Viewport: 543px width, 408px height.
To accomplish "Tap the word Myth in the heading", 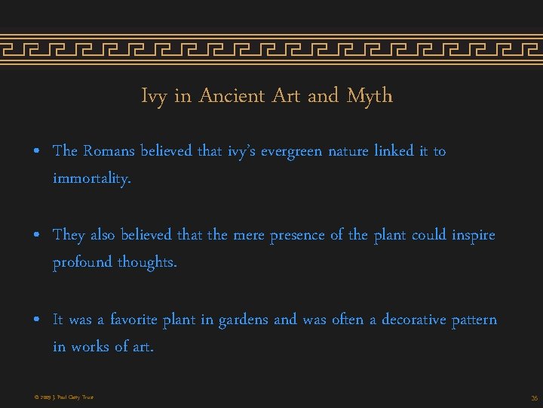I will click(370, 97).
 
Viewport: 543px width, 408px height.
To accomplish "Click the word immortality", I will click(92, 179).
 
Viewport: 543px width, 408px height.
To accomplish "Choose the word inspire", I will click(474, 235).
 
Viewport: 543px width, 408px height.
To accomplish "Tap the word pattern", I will click(474, 320).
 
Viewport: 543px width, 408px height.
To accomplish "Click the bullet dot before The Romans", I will click(37, 152).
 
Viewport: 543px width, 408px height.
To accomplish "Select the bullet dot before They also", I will click(37, 236).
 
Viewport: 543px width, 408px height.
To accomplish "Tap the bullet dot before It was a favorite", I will click(37, 320).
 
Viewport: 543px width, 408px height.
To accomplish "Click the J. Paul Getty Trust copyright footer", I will click(63, 397).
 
